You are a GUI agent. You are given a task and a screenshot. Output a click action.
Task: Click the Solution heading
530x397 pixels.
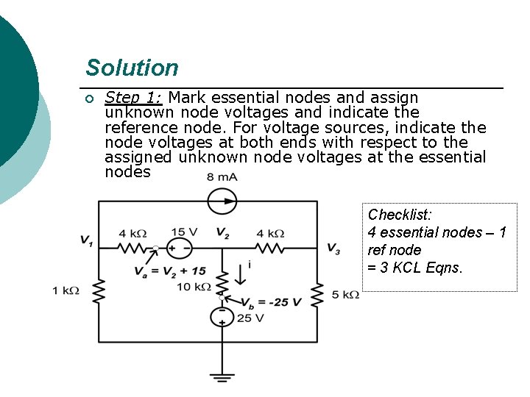coord(132,68)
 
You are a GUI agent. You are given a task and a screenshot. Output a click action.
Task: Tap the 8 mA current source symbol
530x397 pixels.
coord(221,200)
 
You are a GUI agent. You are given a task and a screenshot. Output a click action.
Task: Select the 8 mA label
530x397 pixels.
coord(222,177)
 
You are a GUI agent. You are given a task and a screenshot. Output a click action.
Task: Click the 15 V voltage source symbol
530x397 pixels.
coord(177,248)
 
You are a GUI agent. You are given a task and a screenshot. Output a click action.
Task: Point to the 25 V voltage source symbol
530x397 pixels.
coord(221,317)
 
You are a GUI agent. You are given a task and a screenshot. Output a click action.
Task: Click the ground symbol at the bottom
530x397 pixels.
coord(221,377)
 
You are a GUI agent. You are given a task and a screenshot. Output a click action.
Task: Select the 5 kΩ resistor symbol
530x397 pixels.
coord(318,294)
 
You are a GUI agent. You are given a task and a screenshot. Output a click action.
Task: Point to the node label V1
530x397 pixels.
coord(87,240)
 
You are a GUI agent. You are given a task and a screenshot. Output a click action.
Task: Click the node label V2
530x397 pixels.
coord(222,234)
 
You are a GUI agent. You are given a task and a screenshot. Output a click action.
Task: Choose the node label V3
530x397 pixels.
coord(333,248)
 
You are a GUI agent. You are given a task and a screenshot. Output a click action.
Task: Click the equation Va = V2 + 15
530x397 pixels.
coord(170,271)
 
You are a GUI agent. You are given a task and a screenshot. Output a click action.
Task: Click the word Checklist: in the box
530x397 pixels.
coord(400,215)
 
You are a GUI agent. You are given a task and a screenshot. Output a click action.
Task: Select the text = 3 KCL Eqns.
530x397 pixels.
coord(415,268)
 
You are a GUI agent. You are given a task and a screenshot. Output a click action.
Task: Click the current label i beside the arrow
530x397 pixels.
coord(249,264)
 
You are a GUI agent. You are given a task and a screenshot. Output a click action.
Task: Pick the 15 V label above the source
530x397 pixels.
coord(183,233)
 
